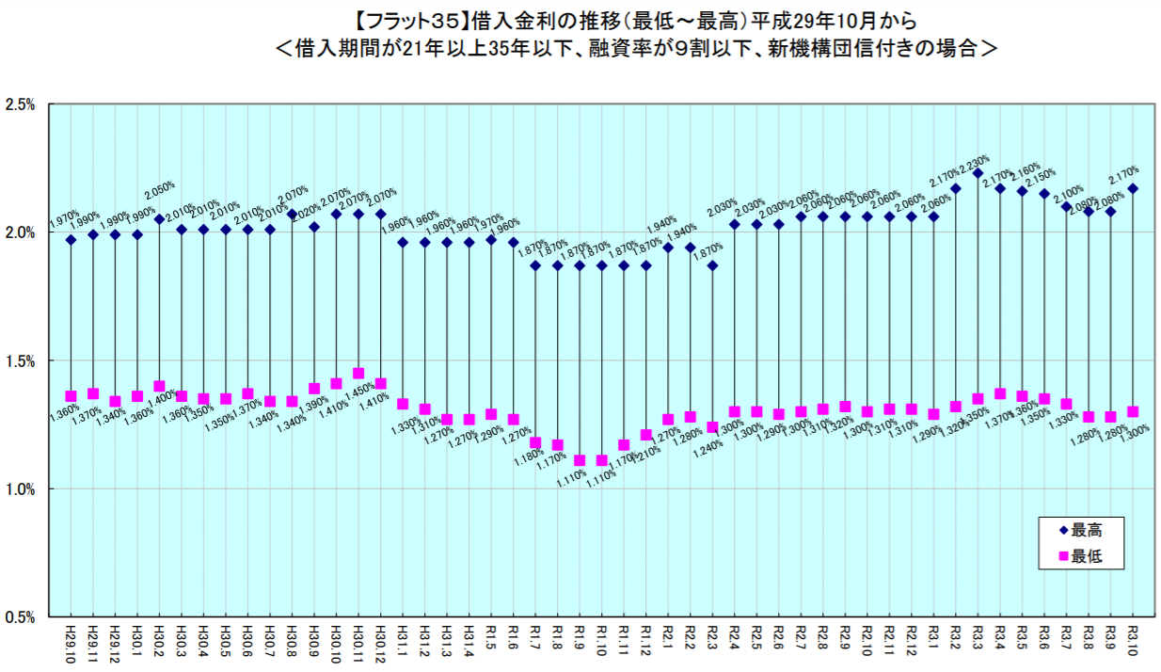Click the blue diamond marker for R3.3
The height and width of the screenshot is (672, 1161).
978,173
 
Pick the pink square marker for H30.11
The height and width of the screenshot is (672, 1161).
358,373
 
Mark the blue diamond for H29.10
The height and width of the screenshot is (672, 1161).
71,240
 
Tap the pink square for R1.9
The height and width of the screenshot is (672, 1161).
580,460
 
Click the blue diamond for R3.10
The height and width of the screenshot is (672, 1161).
1133,188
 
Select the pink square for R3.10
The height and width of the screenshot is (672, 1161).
1133,411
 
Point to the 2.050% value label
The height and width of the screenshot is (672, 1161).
163,187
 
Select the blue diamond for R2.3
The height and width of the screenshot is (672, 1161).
713,265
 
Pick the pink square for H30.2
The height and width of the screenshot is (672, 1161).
159,386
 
